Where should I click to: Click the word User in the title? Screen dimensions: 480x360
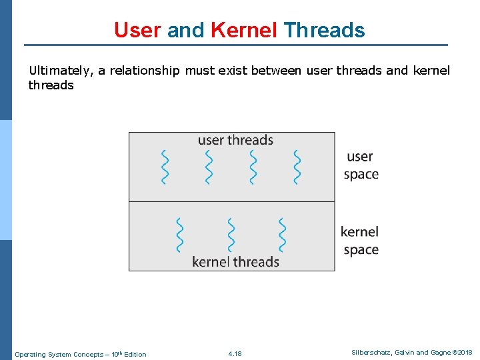pos(138,30)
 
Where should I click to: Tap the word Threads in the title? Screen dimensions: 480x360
pos(324,30)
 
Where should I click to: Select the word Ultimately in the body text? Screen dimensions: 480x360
pos(61,71)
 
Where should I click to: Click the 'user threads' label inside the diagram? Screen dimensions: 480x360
pos(235,140)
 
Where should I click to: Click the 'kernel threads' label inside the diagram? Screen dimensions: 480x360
pos(235,261)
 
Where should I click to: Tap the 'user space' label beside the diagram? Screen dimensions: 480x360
pos(361,165)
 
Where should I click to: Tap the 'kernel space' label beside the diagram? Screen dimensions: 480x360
pos(359,241)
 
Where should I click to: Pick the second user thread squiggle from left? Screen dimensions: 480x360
pos(209,167)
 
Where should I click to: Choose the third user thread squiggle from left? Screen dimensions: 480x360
pos(253,167)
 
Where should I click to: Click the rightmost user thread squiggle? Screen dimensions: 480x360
pos(297,167)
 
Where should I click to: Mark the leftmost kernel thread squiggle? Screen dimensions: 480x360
pos(179,235)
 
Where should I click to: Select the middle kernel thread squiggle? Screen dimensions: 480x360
pos(231,235)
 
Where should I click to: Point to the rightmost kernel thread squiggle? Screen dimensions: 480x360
pos(282,235)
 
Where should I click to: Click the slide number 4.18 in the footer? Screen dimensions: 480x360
pos(235,354)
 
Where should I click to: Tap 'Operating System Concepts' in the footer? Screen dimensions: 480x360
pos(56,354)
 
